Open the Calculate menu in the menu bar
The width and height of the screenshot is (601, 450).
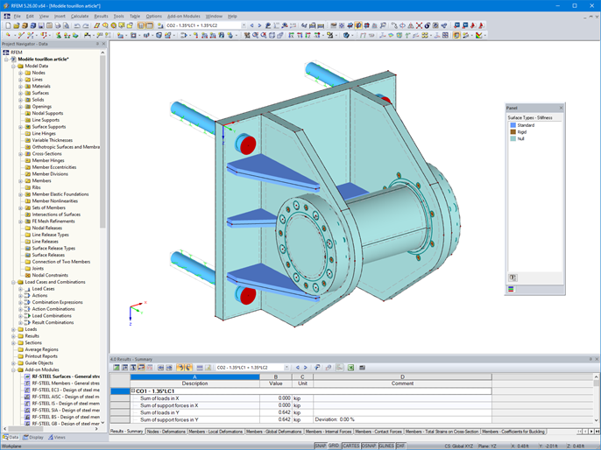point(80,16)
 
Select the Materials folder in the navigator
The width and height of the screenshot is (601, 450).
point(42,86)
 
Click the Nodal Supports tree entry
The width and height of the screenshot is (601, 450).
point(47,113)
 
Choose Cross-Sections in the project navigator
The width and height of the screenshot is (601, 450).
point(47,153)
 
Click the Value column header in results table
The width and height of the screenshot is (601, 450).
point(275,383)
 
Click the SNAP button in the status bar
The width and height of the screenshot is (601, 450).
point(322,445)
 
